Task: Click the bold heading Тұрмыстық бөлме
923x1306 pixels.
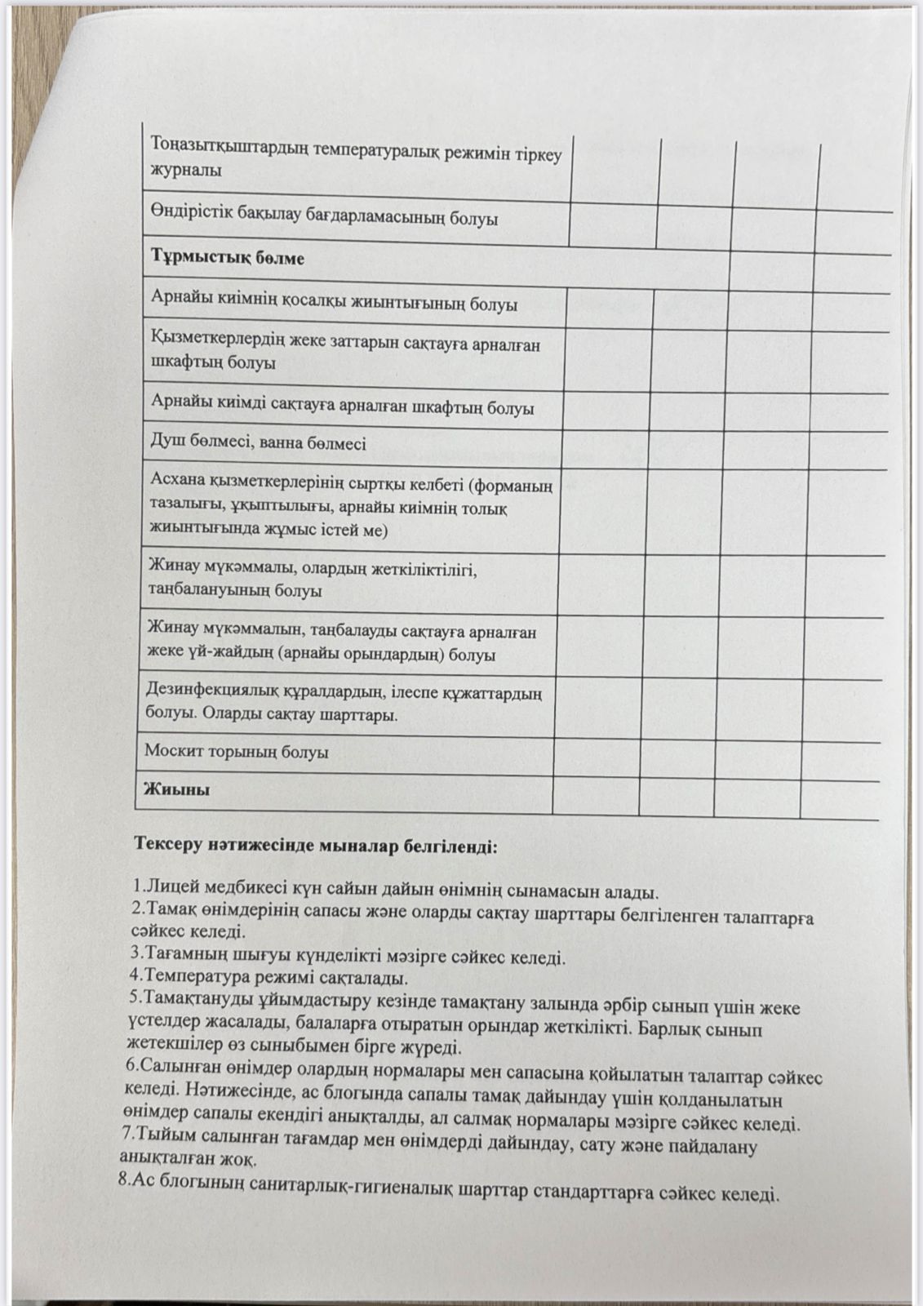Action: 227,257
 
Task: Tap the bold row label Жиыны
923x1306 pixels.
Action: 176,789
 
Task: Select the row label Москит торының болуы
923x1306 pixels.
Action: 236,751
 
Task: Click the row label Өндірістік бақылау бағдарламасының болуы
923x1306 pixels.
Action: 324,218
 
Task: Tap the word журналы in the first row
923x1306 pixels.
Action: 185,170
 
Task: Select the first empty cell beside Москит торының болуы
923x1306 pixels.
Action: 596,754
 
